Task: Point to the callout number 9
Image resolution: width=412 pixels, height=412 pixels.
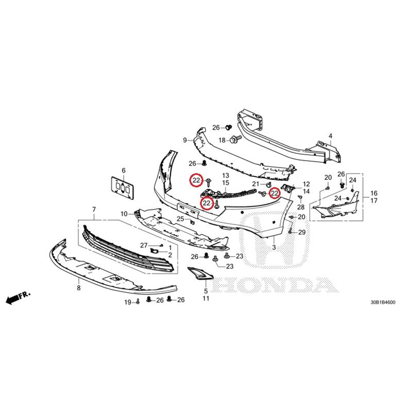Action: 184,140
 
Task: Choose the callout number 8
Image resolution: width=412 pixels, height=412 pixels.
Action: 79,288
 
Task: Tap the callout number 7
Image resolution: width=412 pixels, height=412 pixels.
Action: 94,209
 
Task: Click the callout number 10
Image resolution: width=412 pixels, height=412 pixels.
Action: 124,214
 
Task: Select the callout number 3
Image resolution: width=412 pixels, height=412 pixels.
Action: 274,248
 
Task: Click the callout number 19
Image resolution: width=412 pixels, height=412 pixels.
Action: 127,303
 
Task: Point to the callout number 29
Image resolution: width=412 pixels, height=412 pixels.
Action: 302,233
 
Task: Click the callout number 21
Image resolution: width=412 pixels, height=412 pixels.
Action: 256,184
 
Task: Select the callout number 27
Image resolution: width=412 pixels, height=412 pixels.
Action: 144,245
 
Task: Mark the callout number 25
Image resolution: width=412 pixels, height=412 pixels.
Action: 181,219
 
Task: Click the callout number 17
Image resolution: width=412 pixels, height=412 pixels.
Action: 374,201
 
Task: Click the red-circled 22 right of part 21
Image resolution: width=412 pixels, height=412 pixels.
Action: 274,193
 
